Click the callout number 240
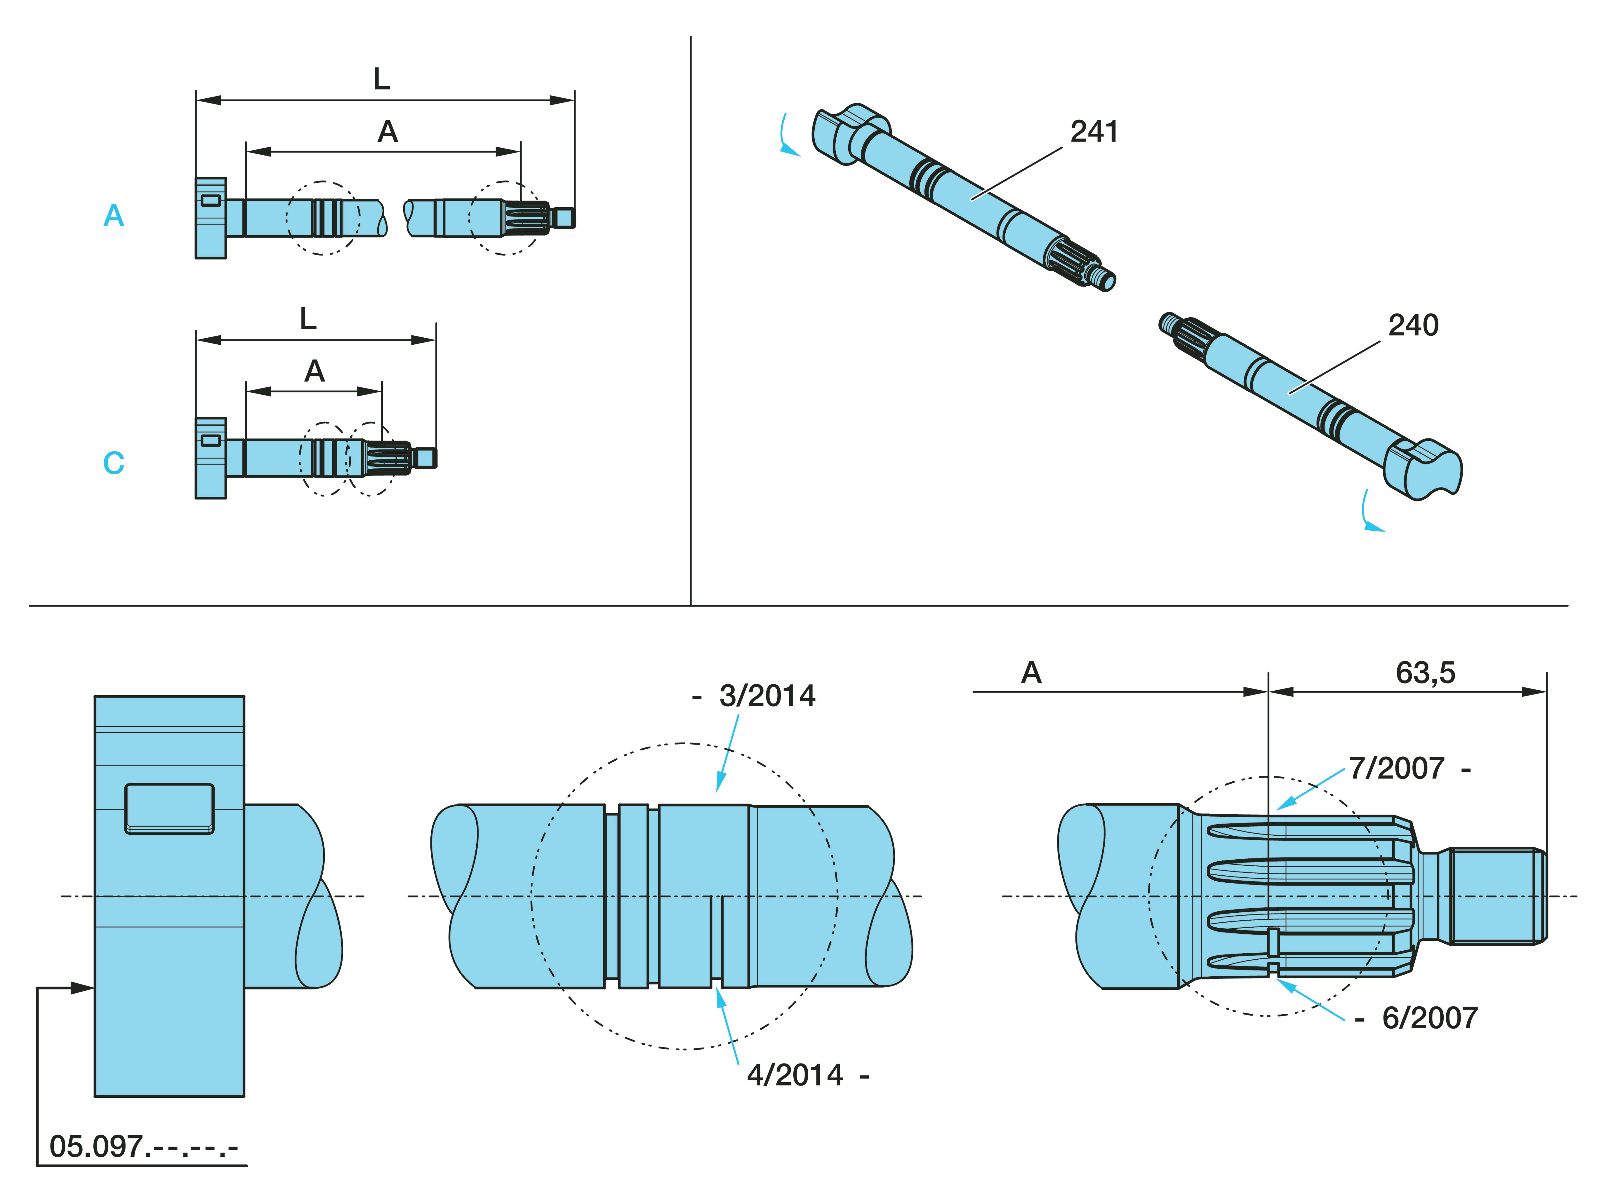pos(1412,325)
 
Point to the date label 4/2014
pos(795,1075)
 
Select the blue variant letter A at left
pos(114,216)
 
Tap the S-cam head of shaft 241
pos(848,134)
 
